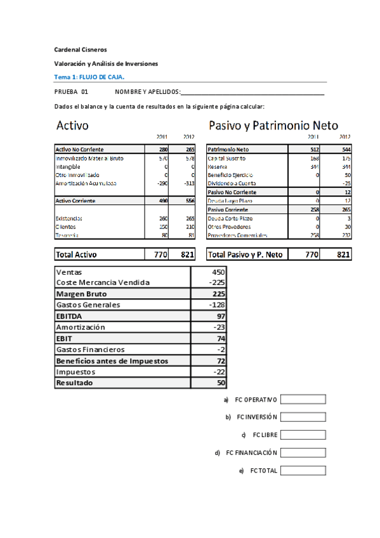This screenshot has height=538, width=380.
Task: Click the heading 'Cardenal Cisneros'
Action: pos(81,49)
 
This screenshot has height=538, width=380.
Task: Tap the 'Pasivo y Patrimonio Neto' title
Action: pos(273,126)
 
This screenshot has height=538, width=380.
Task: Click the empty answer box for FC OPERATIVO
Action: pos(303,400)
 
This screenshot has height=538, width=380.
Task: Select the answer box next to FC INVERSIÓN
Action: pos(303,417)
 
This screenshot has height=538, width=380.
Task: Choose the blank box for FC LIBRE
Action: pos(303,435)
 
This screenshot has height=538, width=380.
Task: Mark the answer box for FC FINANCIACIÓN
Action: pos(303,453)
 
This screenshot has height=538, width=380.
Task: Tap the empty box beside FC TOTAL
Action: pos(303,471)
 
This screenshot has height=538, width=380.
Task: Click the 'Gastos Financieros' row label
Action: pos(91,350)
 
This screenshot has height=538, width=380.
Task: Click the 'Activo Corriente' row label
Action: pos(76,200)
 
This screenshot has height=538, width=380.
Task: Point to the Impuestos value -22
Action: pos(218,372)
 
